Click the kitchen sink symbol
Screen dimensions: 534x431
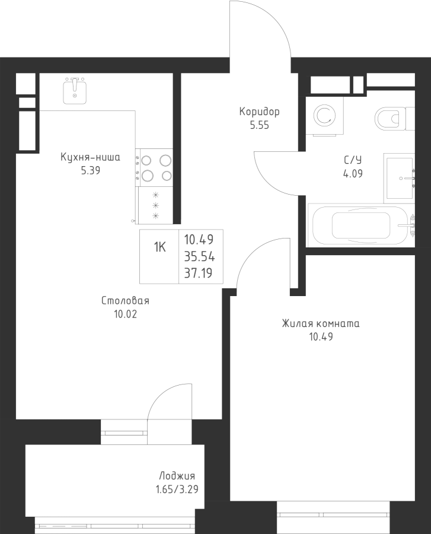tap(75, 91)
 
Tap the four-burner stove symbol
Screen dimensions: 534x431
tap(155, 167)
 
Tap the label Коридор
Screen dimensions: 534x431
tap(259, 112)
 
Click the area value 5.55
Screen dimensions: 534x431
tap(259, 126)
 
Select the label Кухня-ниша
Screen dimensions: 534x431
tap(90, 157)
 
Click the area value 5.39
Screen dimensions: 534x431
tap(90, 171)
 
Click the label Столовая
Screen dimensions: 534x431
tap(124, 301)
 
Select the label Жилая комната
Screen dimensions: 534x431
tap(321, 324)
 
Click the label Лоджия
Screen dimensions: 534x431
tap(177, 476)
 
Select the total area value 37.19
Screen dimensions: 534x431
tap(199, 274)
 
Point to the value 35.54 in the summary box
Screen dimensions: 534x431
tap(199, 257)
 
